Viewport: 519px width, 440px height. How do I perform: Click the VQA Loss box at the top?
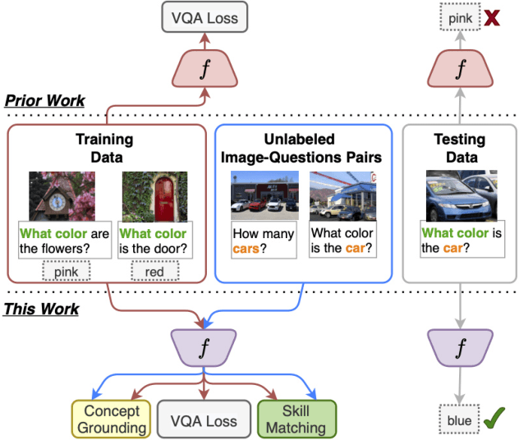pos(204,16)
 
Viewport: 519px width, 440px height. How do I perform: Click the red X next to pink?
pos(493,16)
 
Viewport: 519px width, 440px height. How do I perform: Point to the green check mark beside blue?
pos(494,421)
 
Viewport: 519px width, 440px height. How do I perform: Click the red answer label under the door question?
pos(154,270)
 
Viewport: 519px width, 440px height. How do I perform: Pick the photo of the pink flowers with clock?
pos(62,195)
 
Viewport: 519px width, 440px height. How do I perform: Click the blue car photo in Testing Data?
pos(459,195)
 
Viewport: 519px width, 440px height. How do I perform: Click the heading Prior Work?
pos(44,101)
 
